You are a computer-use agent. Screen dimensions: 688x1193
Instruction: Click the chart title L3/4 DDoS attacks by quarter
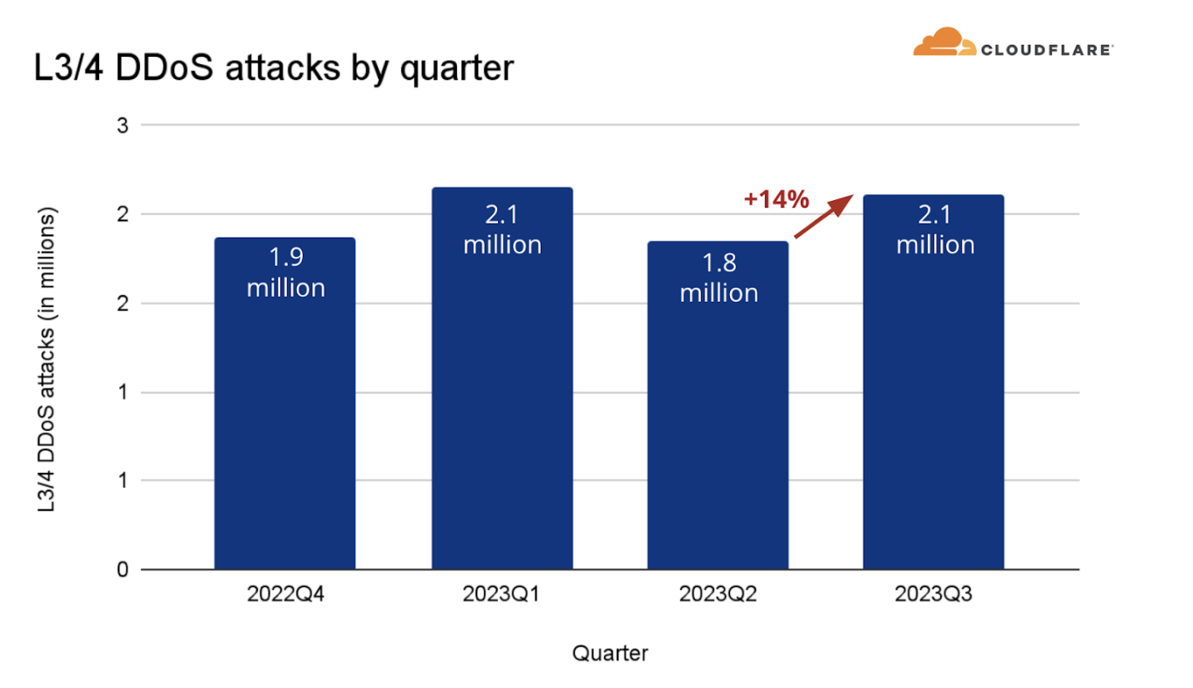(x=272, y=69)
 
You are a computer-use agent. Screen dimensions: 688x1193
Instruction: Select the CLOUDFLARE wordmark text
(x=1046, y=50)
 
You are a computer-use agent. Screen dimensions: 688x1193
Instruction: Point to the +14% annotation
(x=776, y=199)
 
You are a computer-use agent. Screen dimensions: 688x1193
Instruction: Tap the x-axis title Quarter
(x=610, y=653)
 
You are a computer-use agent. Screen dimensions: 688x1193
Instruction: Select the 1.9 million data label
(x=285, y=274)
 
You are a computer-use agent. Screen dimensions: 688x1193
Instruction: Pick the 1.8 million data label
(x=718, y=279)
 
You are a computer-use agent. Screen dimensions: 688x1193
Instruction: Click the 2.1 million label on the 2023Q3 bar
(x=934, y=230)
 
